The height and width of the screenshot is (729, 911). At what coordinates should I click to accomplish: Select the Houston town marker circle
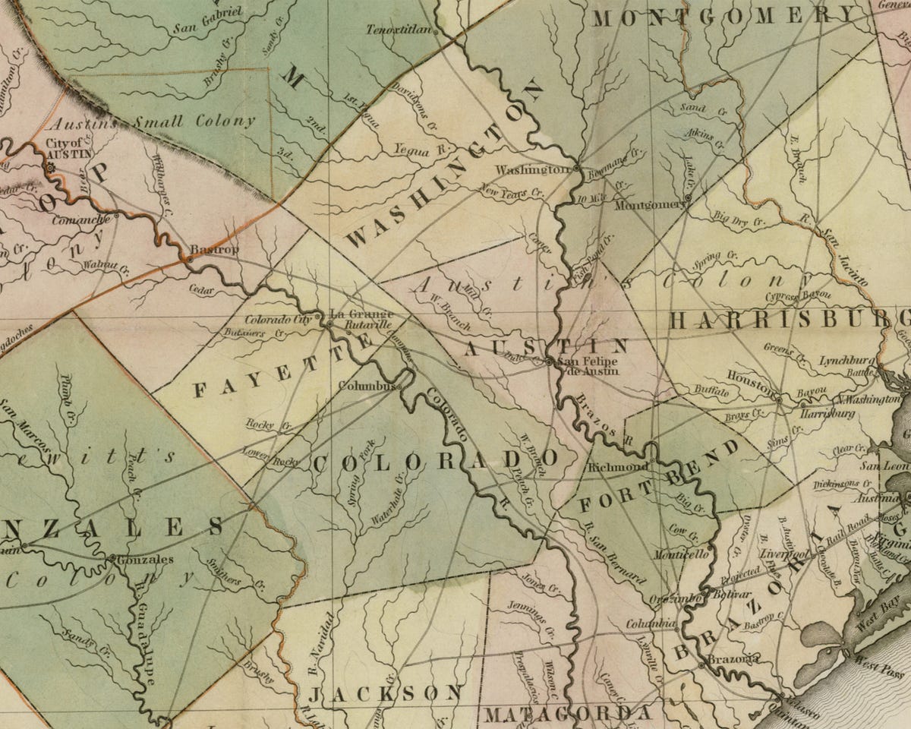[x=779, y=397]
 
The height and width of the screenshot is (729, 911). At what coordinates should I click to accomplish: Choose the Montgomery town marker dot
[x=687, y=199]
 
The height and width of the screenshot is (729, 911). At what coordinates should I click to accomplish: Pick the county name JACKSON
[x=386, y=693]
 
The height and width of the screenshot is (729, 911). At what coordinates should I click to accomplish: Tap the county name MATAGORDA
[x=567, y=714]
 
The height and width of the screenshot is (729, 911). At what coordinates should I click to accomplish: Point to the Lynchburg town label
[x=847, y=361]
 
